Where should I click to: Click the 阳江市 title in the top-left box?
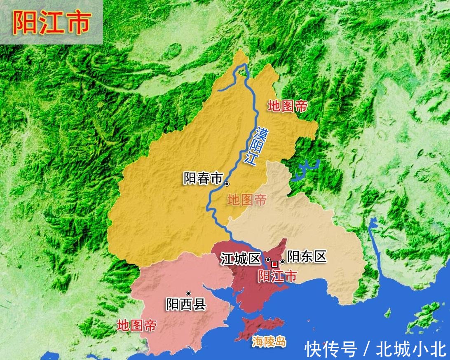(x=51, y=23)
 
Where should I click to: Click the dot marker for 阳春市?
(x=227, y=184)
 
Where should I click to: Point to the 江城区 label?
(x=240, y=259)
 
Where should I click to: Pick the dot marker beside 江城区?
(x=268, y=260)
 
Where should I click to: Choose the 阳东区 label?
(x=307, y=256)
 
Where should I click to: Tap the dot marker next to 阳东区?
(x=282, y=262)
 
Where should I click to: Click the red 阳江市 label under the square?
(x=277, y=276)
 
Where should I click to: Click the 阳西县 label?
(x=186, y=305)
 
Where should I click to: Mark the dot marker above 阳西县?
(x=188, y=293)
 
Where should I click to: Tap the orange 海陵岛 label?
(x=269, y=341)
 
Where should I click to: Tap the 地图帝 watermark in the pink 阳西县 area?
(x=136, y=326)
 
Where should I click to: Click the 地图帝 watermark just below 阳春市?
(x=247, y=201)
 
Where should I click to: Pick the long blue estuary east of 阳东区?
(x=374, y=243)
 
